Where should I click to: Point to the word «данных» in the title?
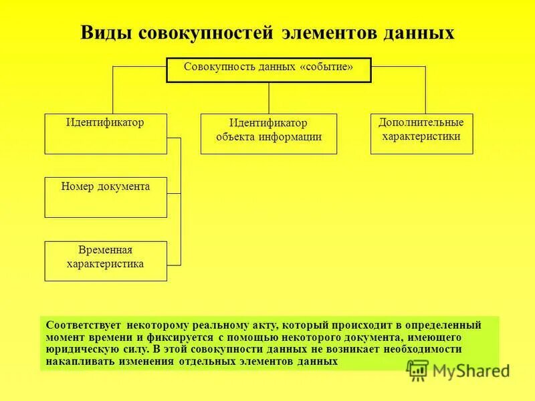(x=419, y=33)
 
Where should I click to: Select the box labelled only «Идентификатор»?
(x=105, y=134)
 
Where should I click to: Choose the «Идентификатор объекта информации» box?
(x=268, y=134)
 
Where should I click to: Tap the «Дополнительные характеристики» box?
(x=421, y=134)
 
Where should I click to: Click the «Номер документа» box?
(x=105, y=197)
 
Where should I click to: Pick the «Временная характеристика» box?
(x=105, y=261)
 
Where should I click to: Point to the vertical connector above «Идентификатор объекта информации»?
(x=268, y=98)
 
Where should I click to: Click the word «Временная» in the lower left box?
(x=105, y=250)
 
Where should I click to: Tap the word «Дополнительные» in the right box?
(x=421, y=123)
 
